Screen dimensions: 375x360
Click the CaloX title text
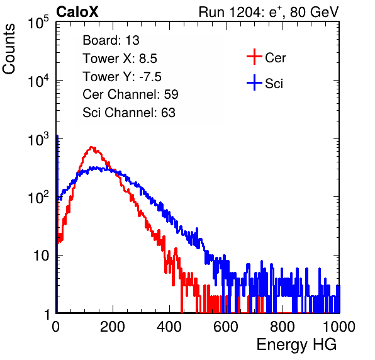click(x=77, y=12)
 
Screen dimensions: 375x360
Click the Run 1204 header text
click(x=269, y=12)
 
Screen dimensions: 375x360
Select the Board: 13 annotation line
click(x=111, y=40)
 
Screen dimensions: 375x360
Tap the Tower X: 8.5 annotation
click(x=120, y=59)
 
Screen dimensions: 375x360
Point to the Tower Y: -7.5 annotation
click(x=122, y=77)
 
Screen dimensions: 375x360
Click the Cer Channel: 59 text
click(x=130, y=94)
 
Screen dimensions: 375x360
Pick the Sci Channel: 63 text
click(x=129, y=113)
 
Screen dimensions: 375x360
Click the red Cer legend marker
click(x=254, y=57)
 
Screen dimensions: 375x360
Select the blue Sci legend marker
click(x=254, y=83)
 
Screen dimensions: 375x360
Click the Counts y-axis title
click(x=9, y=49)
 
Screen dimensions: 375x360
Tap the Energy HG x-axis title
click(x=296, y=345)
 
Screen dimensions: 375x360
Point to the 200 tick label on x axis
click(x=113, y=327)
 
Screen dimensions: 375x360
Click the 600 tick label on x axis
click(x=226, y=327)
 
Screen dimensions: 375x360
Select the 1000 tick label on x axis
click(x=339, y=327)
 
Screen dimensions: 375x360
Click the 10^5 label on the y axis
click(x=38, y=23)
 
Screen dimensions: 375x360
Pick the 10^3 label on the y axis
click(x=38, y=139)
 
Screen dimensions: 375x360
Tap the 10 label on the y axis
click(x=42, y=256)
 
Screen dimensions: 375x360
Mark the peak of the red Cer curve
click(x=91, y=147)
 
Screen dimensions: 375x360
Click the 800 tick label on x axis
click(x=283, y=327)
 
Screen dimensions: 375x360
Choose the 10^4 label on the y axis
click(x=38, y=81)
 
